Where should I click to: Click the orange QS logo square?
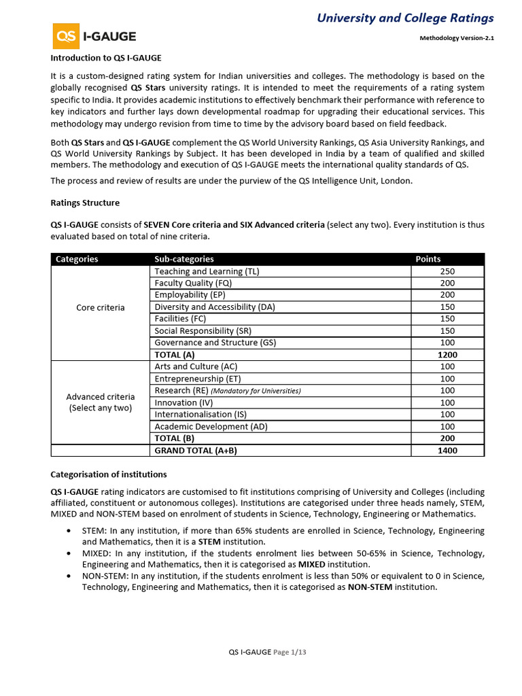click(66, 36)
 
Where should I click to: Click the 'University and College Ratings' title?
click(405, 18)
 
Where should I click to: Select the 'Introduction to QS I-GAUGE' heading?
click(106, 58)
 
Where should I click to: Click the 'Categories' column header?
click(77, 259)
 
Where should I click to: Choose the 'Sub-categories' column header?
click(184, 259)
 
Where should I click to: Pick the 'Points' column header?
click(428, 259)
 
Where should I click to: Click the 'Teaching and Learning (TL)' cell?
click(207, 271)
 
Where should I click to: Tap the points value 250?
click(447, 271)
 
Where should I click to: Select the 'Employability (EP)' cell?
click(190, 295)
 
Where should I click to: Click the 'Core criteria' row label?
click(101, 307)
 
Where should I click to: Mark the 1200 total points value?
click(447, 355)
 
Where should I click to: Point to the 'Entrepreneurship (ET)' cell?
click(198, 379)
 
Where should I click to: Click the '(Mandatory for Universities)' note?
click(256, 391)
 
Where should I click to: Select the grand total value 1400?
click(447, 450)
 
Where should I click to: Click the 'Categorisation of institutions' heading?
click(109, 474)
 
